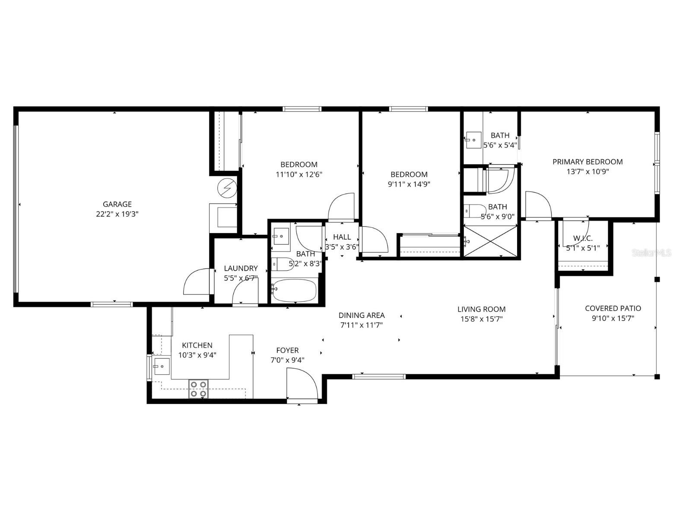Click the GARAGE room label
[117, 204]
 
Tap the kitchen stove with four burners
[198, 389]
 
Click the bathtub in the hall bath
[294, 290]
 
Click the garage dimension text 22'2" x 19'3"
[117, 214]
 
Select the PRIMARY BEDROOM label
[587, 162]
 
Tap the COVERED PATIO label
[613, 308]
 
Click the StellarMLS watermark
[651, 252]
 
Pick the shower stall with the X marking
[490, 241]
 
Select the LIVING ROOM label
[481, 309]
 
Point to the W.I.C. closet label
[583, 238]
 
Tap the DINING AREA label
[361, 315]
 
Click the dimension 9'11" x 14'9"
[409, 184]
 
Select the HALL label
[342, 237]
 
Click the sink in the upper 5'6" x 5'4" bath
[473, 140]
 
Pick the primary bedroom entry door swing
[538, 206]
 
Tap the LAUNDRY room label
[241, 268]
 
